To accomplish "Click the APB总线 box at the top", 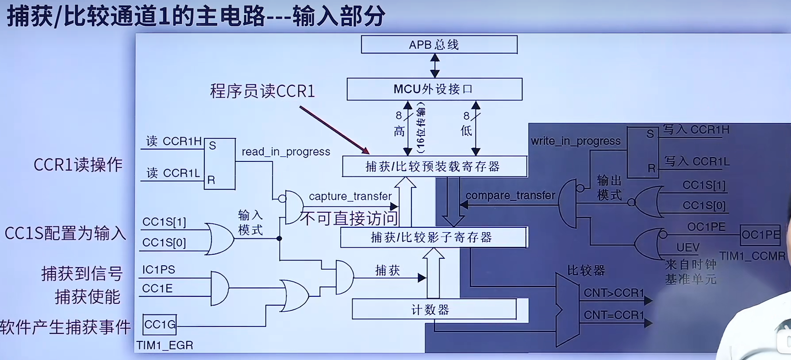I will pyautogui.click(x=439, y=45).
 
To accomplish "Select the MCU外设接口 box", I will pyautogui.click(x=434, y=89).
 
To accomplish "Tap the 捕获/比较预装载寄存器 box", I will pyautogui.click(x=434, y=166).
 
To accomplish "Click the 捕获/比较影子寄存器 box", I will pyautogui.click(x=433, y=237).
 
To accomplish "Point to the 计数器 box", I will pyautogui.click(x=434, y=309).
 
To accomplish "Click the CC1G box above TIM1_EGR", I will pyautogui.click(x=160, y=325).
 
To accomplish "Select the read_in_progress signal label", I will pyautogui.click(x=286, y=152).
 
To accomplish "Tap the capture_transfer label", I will pyautogui.click(x=350, y=196).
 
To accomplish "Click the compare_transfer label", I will pyautogui.click(x=510, y=195).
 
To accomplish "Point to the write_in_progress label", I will pyautogui.click(x=576, y=141).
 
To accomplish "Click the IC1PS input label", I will pyautogui.click(x=158, y=270).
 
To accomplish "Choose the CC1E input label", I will pyautogui.click(x=157, y=289).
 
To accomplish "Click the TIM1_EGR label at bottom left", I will pyautogui.click(x=165, y=345).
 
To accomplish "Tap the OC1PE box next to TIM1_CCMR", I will pyautogui.click(x=760, y=235).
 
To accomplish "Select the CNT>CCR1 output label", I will pyautogui.click(x=614, y=293).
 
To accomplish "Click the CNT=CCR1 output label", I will pyautogui.click(x=614, y=315).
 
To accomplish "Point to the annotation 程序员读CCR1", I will pyautogui.click(x=262, y=91).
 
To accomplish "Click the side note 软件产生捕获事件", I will pyautogui.click(x=65, y=327).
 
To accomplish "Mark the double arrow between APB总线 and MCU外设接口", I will pyautogui.click(x=435, y=65).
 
